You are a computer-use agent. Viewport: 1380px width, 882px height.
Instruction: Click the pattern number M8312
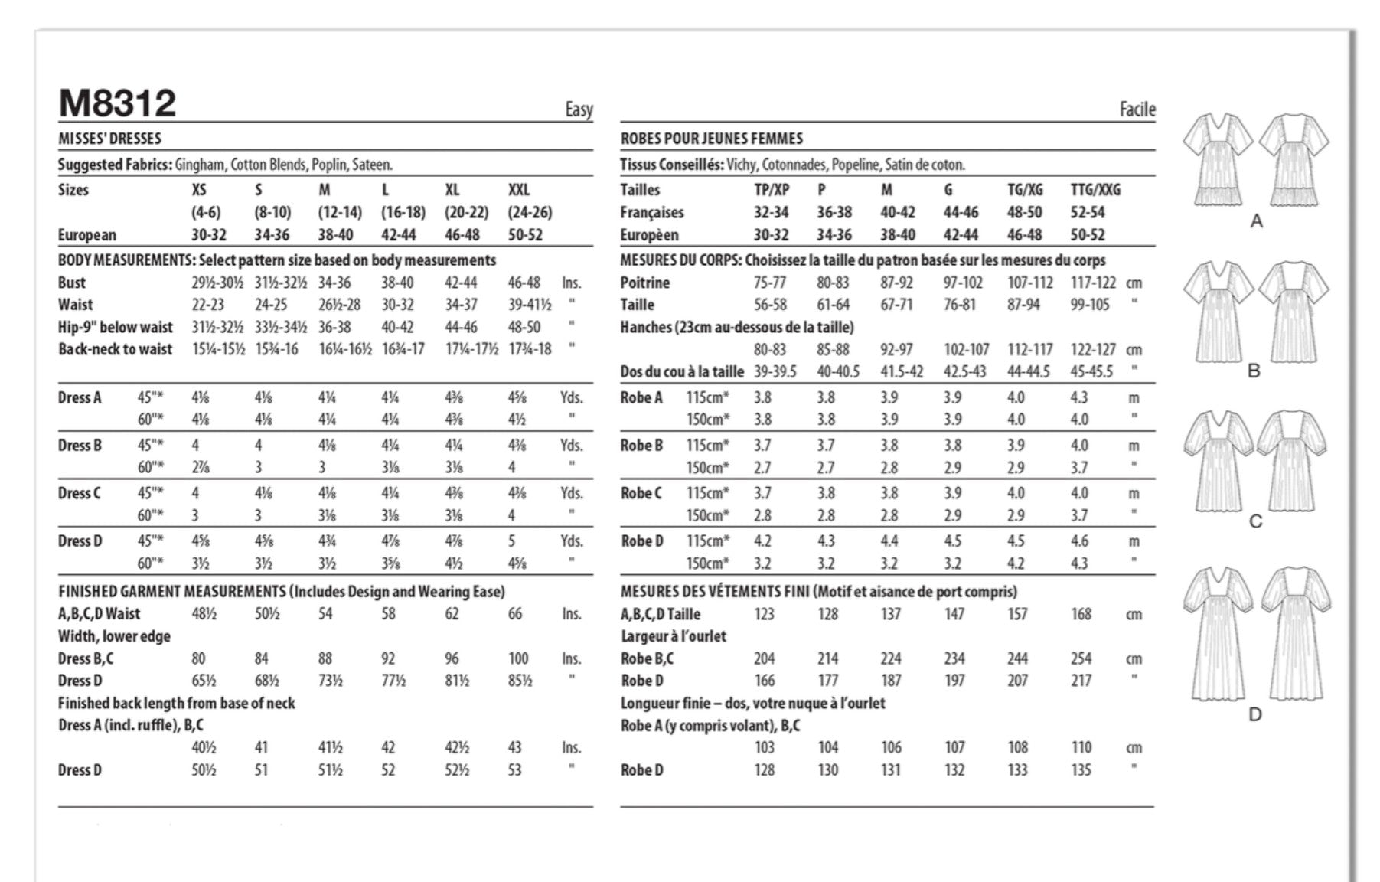coord(117,103)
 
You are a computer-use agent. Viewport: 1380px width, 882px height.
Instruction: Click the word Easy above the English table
coord(579,109)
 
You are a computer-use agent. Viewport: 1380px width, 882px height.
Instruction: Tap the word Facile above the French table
coord(1137,109)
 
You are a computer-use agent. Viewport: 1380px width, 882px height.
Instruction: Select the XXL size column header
coord(518,190)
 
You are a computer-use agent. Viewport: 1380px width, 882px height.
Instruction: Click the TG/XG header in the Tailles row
coord(1024,190)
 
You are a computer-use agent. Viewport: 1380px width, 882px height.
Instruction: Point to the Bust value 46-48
coord(524,283)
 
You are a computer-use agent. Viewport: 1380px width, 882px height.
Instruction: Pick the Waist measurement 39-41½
coord(529,305)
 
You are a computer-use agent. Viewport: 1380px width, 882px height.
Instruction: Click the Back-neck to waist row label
coord(115,349)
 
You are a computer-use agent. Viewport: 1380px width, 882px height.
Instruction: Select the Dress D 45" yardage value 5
coord(511,541)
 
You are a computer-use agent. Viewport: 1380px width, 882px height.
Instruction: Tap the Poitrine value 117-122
coord(1092,283)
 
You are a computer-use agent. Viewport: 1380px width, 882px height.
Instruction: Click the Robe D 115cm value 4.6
coord(1079,541)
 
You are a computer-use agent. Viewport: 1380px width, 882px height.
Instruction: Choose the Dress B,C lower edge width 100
coord(517,658)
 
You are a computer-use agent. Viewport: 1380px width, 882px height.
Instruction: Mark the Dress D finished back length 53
coord(514,770)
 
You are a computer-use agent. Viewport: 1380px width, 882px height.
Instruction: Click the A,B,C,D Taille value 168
coord(1081,614)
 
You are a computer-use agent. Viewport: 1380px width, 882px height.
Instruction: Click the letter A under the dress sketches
coord(1256,222)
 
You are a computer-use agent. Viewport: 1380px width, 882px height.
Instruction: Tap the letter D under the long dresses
coord(1254,714)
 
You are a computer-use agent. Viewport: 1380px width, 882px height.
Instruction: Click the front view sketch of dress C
coord(1218,460)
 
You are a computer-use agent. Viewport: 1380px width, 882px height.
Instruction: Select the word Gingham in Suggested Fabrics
coord(199,165)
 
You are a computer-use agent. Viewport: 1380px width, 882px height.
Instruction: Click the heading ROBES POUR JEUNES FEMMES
coord(711,139)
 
